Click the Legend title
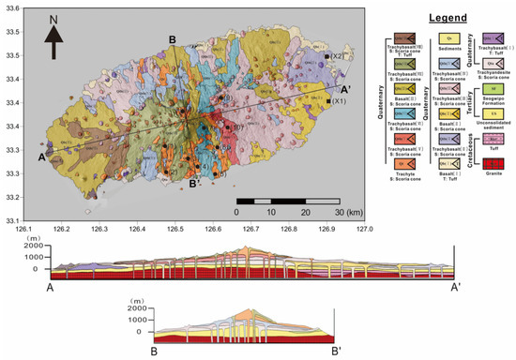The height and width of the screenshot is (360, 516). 438,19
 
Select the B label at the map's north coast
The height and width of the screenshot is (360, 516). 173,38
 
